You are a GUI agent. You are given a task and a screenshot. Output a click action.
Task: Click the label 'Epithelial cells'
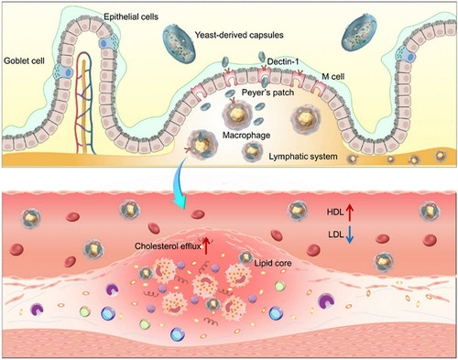click(131, 16)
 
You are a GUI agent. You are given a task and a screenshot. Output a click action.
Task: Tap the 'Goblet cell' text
click(24, 60)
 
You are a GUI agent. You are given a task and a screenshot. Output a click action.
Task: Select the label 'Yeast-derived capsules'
click(239, 35)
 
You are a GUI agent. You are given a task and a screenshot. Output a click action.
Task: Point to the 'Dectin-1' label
click(283, 61)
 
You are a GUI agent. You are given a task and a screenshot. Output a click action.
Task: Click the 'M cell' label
click(333, 76)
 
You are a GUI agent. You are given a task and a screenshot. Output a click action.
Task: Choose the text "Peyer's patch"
click(267, 93)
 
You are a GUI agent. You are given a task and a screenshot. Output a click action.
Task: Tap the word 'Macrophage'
click(246, 135)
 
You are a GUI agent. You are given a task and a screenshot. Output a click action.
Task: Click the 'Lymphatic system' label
click(303, 157)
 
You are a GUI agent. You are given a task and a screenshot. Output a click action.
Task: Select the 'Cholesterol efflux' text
click(168, 246)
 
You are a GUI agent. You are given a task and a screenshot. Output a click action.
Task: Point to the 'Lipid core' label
click(273, 263)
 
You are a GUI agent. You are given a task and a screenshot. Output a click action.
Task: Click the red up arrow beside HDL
click(350, 213)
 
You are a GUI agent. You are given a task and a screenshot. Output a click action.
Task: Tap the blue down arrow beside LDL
click(350, 235)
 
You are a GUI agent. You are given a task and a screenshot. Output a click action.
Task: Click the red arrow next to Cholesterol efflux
click(206, 245)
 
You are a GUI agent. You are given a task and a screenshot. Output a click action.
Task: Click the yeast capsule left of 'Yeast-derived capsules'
click(180, 43)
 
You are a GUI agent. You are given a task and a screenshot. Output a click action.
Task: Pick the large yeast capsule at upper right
click(359, 32)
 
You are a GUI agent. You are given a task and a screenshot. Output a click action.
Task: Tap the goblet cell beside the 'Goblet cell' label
click(63, 72)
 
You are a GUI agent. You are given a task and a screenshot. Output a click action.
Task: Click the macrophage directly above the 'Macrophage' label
click(237, 115)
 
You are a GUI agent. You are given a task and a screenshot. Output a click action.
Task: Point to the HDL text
click(335, 212)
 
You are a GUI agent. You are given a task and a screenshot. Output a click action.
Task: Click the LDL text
click(336, 235)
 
